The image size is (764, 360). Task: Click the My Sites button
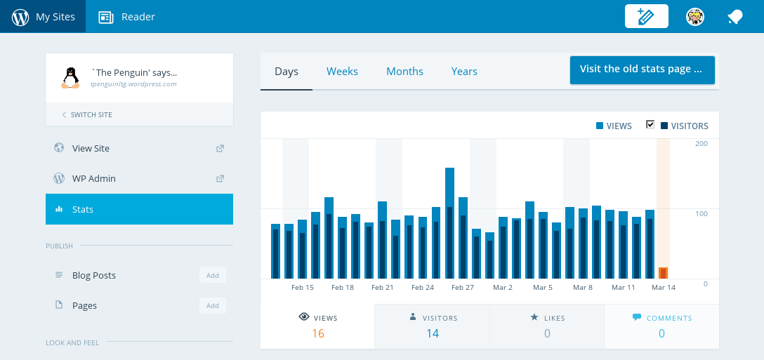43,17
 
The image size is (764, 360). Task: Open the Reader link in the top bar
127,17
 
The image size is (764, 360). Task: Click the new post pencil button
646,17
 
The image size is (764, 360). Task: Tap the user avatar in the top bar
695,17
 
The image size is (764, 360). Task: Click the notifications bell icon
735,17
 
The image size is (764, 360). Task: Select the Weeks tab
342,72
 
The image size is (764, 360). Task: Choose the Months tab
404,72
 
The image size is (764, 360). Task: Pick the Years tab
464,72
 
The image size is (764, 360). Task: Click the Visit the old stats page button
642,69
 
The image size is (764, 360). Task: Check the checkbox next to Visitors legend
650,125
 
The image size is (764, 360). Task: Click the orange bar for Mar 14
663,273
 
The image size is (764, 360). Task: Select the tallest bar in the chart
449,222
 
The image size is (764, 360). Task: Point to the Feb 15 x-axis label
303,288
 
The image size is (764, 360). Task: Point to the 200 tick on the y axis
701,144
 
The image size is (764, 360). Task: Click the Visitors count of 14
433,333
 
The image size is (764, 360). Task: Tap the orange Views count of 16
317,333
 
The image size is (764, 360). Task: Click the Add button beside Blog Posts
212,275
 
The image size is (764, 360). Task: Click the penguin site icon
70,77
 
